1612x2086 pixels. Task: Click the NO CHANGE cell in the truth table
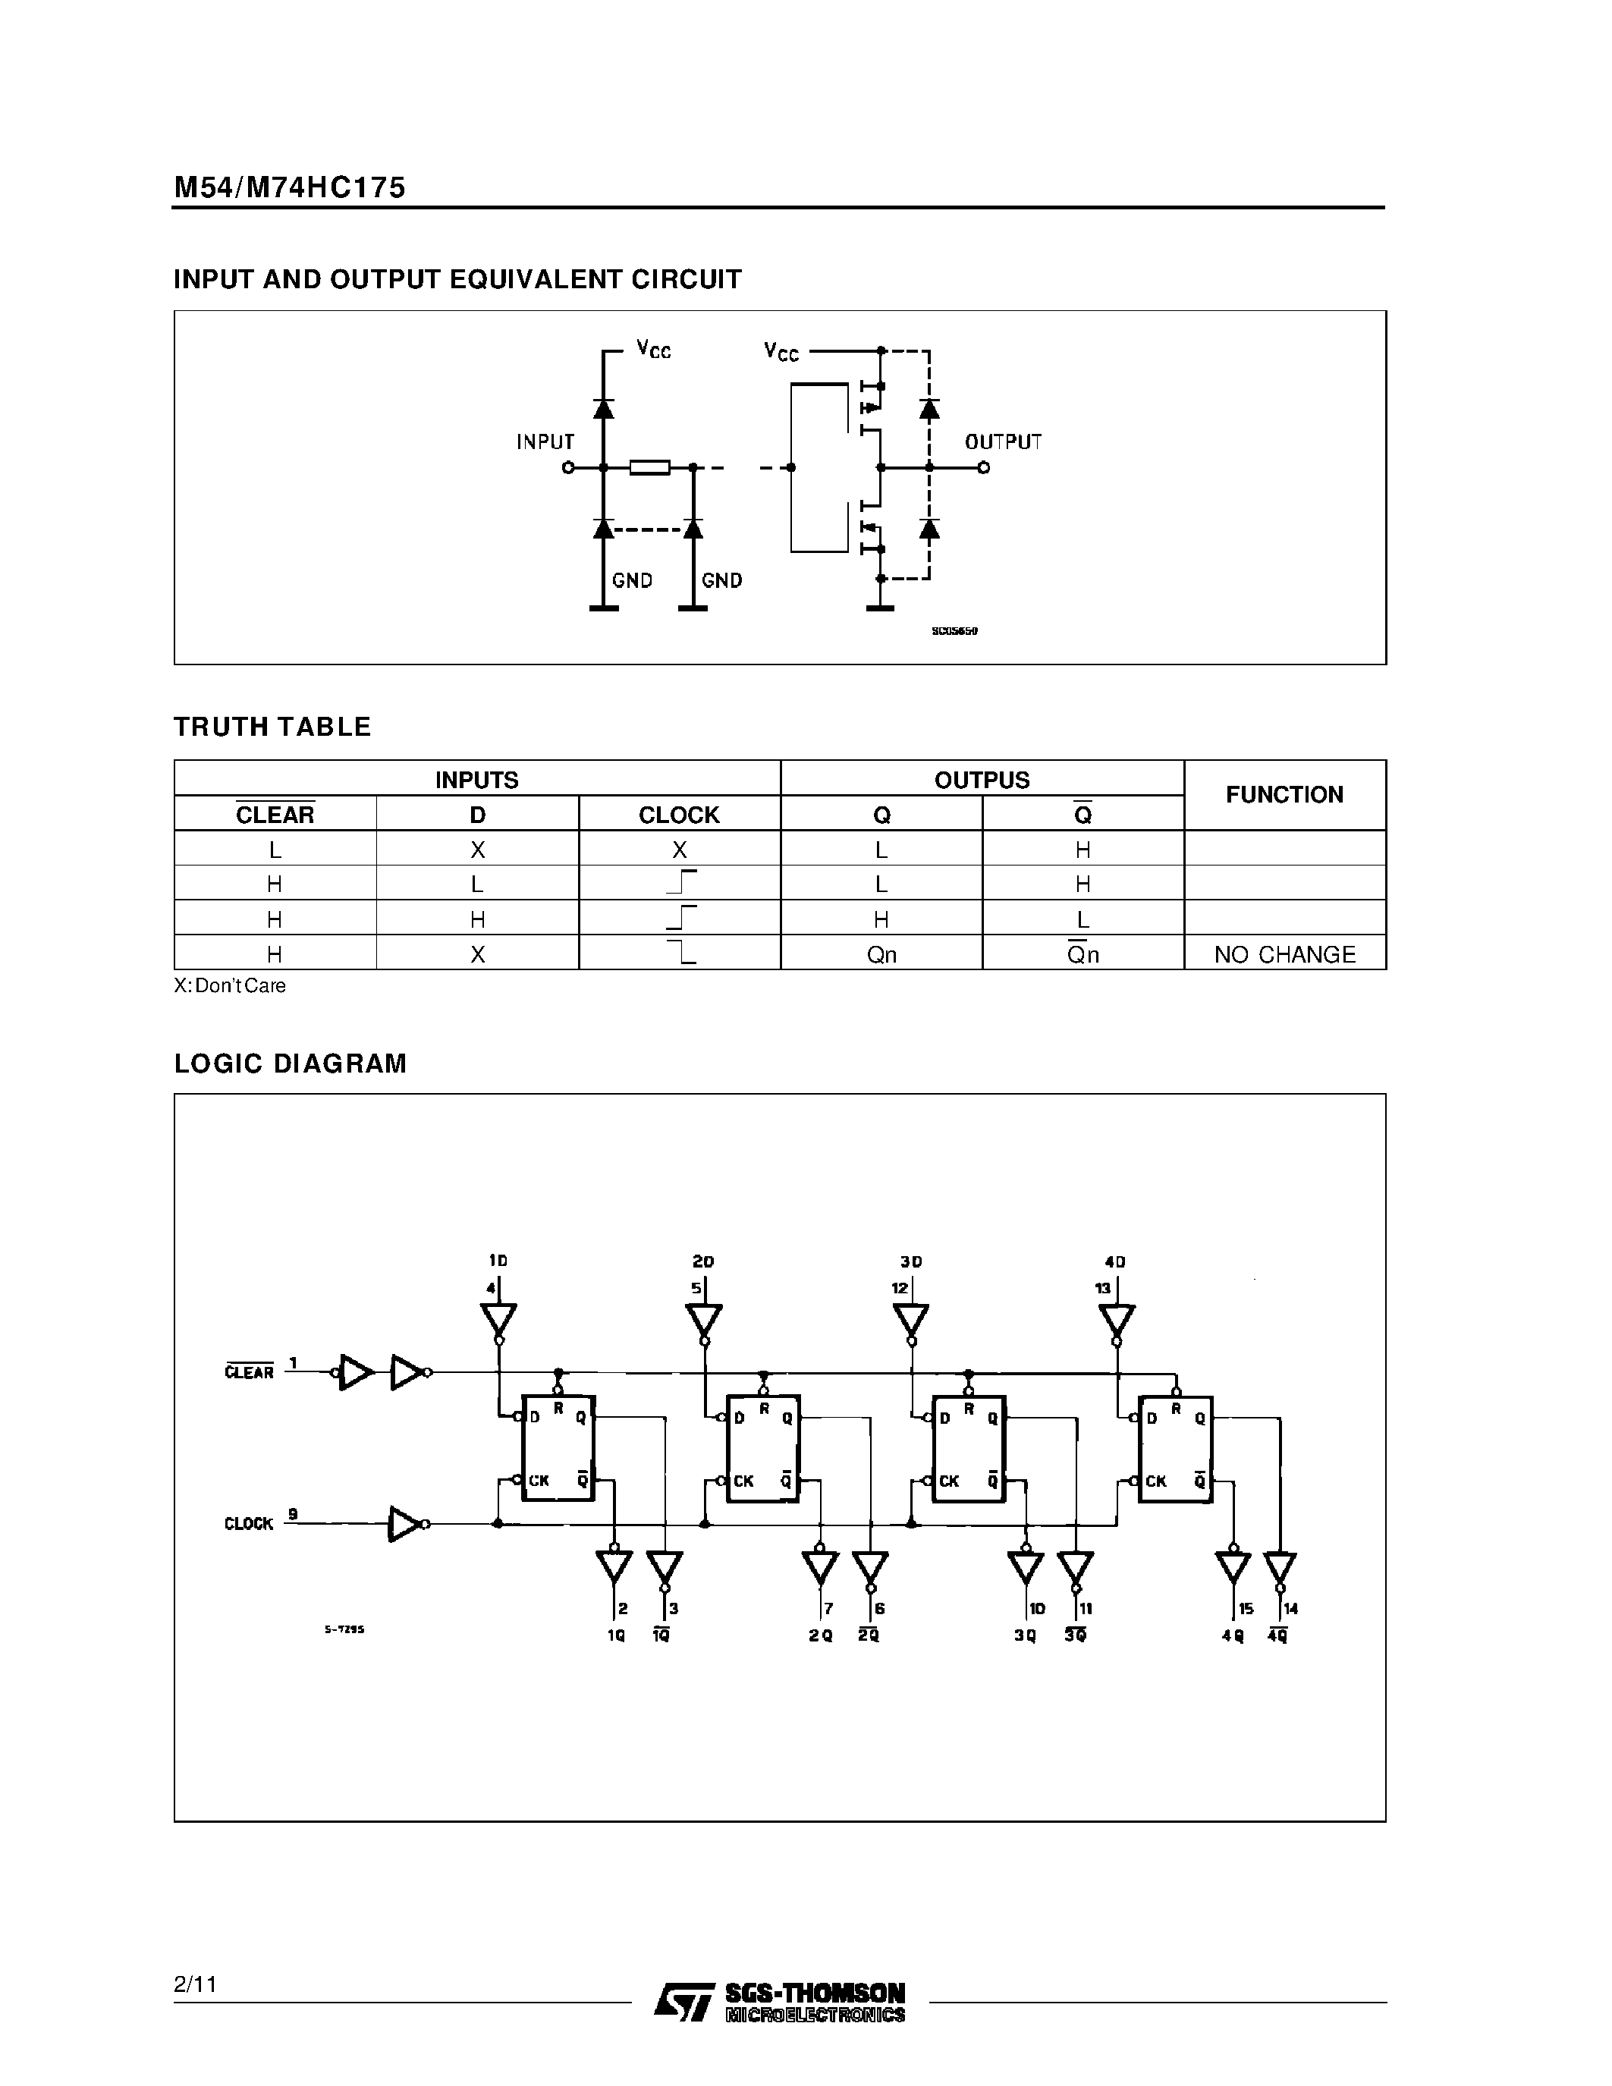click(1284, 954)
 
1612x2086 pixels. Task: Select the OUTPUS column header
click(982, 779)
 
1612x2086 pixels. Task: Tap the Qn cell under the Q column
click(881, 954)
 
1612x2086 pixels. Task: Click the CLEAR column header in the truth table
click(275, 815)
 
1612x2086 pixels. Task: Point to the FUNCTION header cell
click(1284, 795)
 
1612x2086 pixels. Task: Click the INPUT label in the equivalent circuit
click(545, 442)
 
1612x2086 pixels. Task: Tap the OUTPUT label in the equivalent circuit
click(1003, 442)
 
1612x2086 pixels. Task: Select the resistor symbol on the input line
click(649, 467)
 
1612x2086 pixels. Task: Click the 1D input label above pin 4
click(498, 1261)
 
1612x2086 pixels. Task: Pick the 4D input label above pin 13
click(1114, 1261)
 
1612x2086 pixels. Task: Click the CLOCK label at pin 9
click(248, 1523)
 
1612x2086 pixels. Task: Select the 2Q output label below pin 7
click(820, 1636)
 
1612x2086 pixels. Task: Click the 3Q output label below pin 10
click(1025, 1636)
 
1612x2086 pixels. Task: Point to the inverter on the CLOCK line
click(406, 1523)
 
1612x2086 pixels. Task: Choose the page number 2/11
click(196, 1985)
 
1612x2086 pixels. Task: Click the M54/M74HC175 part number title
click(289, 187)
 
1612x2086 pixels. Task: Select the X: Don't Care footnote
click(230, 985)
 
